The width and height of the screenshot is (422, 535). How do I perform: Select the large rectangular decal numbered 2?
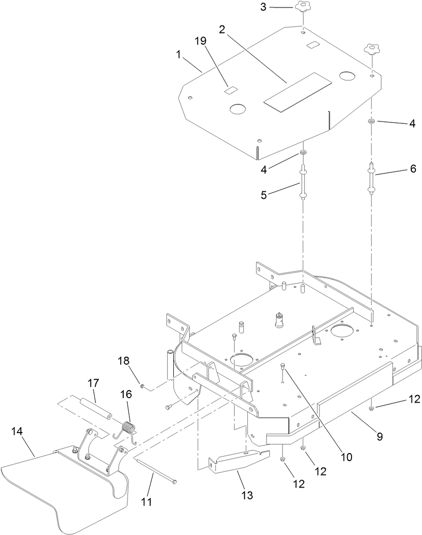tap(298, 91)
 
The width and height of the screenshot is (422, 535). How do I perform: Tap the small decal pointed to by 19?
tap(231, 90)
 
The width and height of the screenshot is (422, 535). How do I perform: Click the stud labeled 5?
tap(303, 184)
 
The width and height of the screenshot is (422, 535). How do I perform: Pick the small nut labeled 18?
tap(143, 386)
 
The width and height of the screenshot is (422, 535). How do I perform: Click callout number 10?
tap(346, 457)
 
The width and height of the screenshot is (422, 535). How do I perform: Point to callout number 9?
tap(380, 437)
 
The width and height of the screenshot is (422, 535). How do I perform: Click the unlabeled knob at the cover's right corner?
tap(371, 50)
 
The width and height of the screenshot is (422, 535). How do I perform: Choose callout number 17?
tap(94, 384)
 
